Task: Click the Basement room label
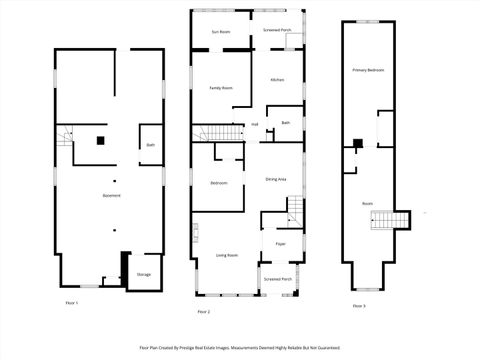(112, 195)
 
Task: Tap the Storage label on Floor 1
(144, 274)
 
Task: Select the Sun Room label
(220, 32)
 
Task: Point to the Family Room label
(221, 88)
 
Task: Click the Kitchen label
(277, 79)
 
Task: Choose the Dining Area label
(277, 179)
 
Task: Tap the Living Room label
(227, 255)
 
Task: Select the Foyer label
(281, 243)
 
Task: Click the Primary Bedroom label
(368, 70)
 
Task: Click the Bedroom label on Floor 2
(219, 183)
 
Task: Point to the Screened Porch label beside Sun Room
(277, 31)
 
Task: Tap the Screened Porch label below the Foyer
(278, 279)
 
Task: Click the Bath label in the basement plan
(151, 145)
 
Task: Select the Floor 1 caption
(71, 302)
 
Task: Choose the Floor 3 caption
(358, 305)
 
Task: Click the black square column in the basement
(100, 140)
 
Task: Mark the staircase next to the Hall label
(220, 134)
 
